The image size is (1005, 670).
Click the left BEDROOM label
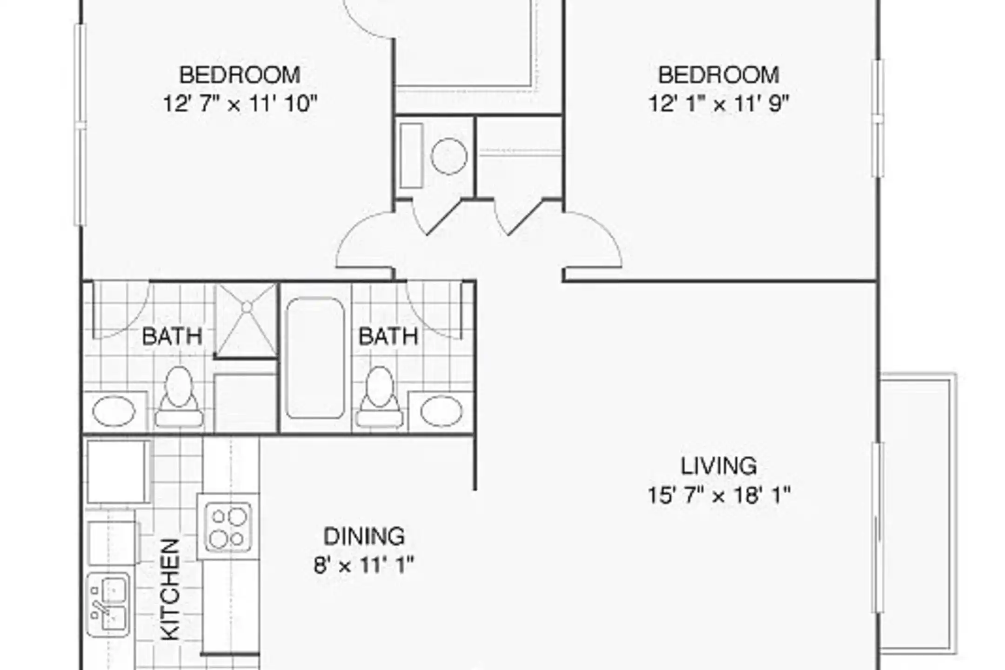pyautogui.click(x=240, y=75)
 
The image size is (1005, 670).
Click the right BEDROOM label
pyautogui.click(x=718, y=75)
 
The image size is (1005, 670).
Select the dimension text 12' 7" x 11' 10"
pyautogui.click(x=240, y=104)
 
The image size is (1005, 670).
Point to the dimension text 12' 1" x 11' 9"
pyautogui.click(x=719, y=104)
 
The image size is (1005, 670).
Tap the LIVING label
pyautogui.click(x=719, y=466)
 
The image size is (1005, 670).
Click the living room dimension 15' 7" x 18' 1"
pyautogui.click(x=719, y=495)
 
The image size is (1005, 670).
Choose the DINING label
pyautogui.click(x=364, y=536)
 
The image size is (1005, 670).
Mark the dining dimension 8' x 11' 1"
pyautogui.click(x=364, y=565)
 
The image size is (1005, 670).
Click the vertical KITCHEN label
pyautogui.click(x=170, y=589)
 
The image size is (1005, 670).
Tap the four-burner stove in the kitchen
pyautogui.click(x=228, y=526)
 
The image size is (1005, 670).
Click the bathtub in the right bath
pyautogui.click(x=315, y=358)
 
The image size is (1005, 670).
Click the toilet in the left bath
pyautogui.click(x=179, y=396)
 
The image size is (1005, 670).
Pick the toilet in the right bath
pyautogui.click(x=379, y=396)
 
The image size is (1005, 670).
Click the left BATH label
pyautogui.click(x=172, y=336)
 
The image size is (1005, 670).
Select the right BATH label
pyautogui.click(x=388, y=336)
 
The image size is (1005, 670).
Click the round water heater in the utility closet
pyautogui.click(x=449, y=156)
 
